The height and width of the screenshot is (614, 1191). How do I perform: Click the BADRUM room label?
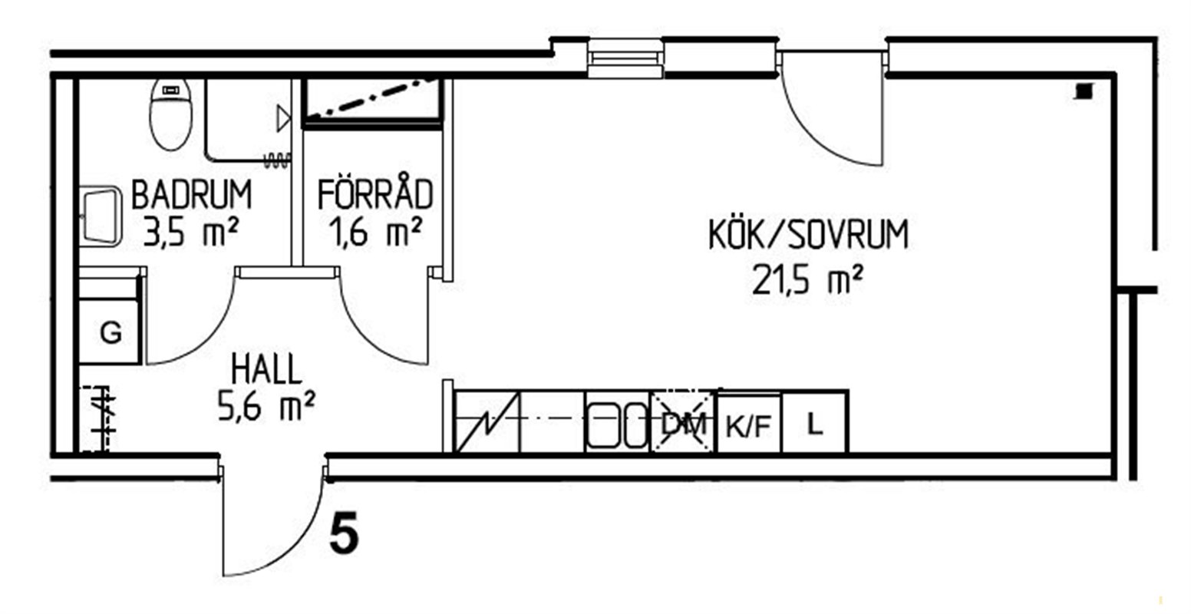pyautogui.click(x=191, y=195)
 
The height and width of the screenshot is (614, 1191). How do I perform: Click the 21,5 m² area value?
pyautogui.click(x=807, y=279)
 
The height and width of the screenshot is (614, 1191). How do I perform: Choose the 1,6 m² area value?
pyautogui.click(x=375, y=232)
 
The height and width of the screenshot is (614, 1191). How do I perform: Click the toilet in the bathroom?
pyautogui.click(x=171, y=114)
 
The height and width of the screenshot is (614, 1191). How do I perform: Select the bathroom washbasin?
pyautogui.click(x=101, y=216)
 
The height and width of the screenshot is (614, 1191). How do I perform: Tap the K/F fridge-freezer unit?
pyautogui.click(x=749, y=423)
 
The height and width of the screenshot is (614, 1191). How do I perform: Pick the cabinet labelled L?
pyautogui.click(x=814, y=422)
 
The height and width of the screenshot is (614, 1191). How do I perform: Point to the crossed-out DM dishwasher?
pyautogui.click(x=684, y=423)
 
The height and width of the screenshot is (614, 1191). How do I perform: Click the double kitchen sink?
pyautogui.click(x=619, y=424)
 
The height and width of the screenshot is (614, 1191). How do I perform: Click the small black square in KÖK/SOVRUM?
pyautogui.click(x=1084, y=92)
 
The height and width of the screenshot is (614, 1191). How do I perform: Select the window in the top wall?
pyautogui.click(x=625, y=58)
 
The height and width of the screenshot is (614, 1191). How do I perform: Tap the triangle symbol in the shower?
pyautogui.click(x=284, y=118)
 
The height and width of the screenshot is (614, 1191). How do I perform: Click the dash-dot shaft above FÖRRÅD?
pyautogui.click(x=371, y=102)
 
